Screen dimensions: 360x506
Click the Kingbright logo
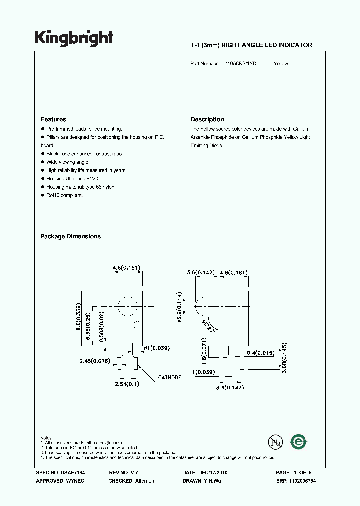point(73,38)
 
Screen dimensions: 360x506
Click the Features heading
point(53,119)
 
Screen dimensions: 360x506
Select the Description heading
point(207,119)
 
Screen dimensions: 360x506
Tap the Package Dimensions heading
point(70,236)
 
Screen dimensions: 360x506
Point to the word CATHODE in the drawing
point(170,377)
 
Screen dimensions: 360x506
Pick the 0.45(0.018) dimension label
point(94,360)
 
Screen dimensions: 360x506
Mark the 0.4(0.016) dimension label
point(261,353)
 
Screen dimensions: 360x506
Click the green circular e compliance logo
point(299,442)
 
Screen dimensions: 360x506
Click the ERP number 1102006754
point(300,480)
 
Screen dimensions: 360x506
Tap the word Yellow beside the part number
point(281,63)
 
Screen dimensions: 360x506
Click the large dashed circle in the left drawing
point(127,307)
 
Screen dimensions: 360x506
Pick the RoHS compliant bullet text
point(64,195)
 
